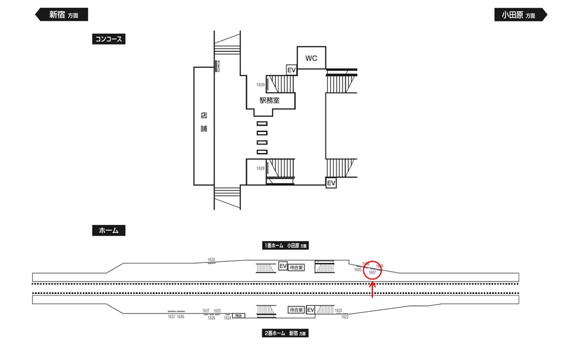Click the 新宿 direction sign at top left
62,15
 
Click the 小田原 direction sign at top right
520,15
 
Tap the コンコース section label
109,39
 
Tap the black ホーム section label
108,230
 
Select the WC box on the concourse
311,58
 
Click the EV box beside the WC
291,70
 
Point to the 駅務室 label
269,101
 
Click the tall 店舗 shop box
203,126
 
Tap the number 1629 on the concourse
261,85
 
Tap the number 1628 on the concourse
261,168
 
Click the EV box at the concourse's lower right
331,183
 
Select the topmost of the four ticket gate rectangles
262,123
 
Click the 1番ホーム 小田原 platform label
286,245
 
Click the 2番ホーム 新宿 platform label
285,334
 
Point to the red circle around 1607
373,270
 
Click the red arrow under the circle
373,290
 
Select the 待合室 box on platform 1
296,267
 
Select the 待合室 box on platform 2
296,310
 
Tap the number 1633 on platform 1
211,259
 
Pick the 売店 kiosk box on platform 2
239,315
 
